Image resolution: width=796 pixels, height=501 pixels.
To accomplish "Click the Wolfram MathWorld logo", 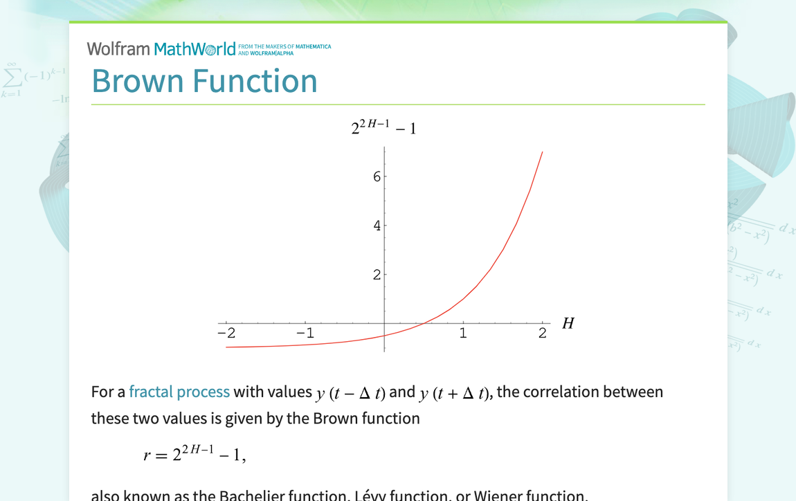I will point(161,48).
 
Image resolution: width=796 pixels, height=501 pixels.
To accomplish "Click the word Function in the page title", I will point(254,81).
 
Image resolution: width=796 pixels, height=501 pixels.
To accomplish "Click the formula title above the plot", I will point(383,127).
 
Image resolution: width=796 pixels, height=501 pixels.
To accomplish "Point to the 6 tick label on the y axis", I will point(377,176).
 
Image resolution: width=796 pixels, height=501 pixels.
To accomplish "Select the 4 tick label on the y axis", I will point(377,226).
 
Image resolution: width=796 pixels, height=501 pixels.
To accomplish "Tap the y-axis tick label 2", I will point(377,275).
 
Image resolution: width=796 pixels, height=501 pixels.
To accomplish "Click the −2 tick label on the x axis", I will point(226,333).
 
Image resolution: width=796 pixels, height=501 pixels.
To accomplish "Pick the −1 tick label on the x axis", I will point(305,333).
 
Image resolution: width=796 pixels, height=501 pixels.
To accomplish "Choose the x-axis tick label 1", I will point(463,333).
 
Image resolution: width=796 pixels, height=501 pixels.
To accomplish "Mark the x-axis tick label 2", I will point(542,333).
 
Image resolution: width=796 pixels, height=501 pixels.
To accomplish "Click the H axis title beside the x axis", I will point(568,323).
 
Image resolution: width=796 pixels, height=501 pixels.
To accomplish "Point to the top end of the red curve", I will point(542,152).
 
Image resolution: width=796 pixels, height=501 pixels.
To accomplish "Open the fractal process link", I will point(179,392).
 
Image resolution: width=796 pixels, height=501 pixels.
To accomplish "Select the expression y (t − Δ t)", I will point(350,393).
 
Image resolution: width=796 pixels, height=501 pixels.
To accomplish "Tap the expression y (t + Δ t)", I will point(455,393).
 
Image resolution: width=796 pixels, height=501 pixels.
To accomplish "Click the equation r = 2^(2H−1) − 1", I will point(195,454).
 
